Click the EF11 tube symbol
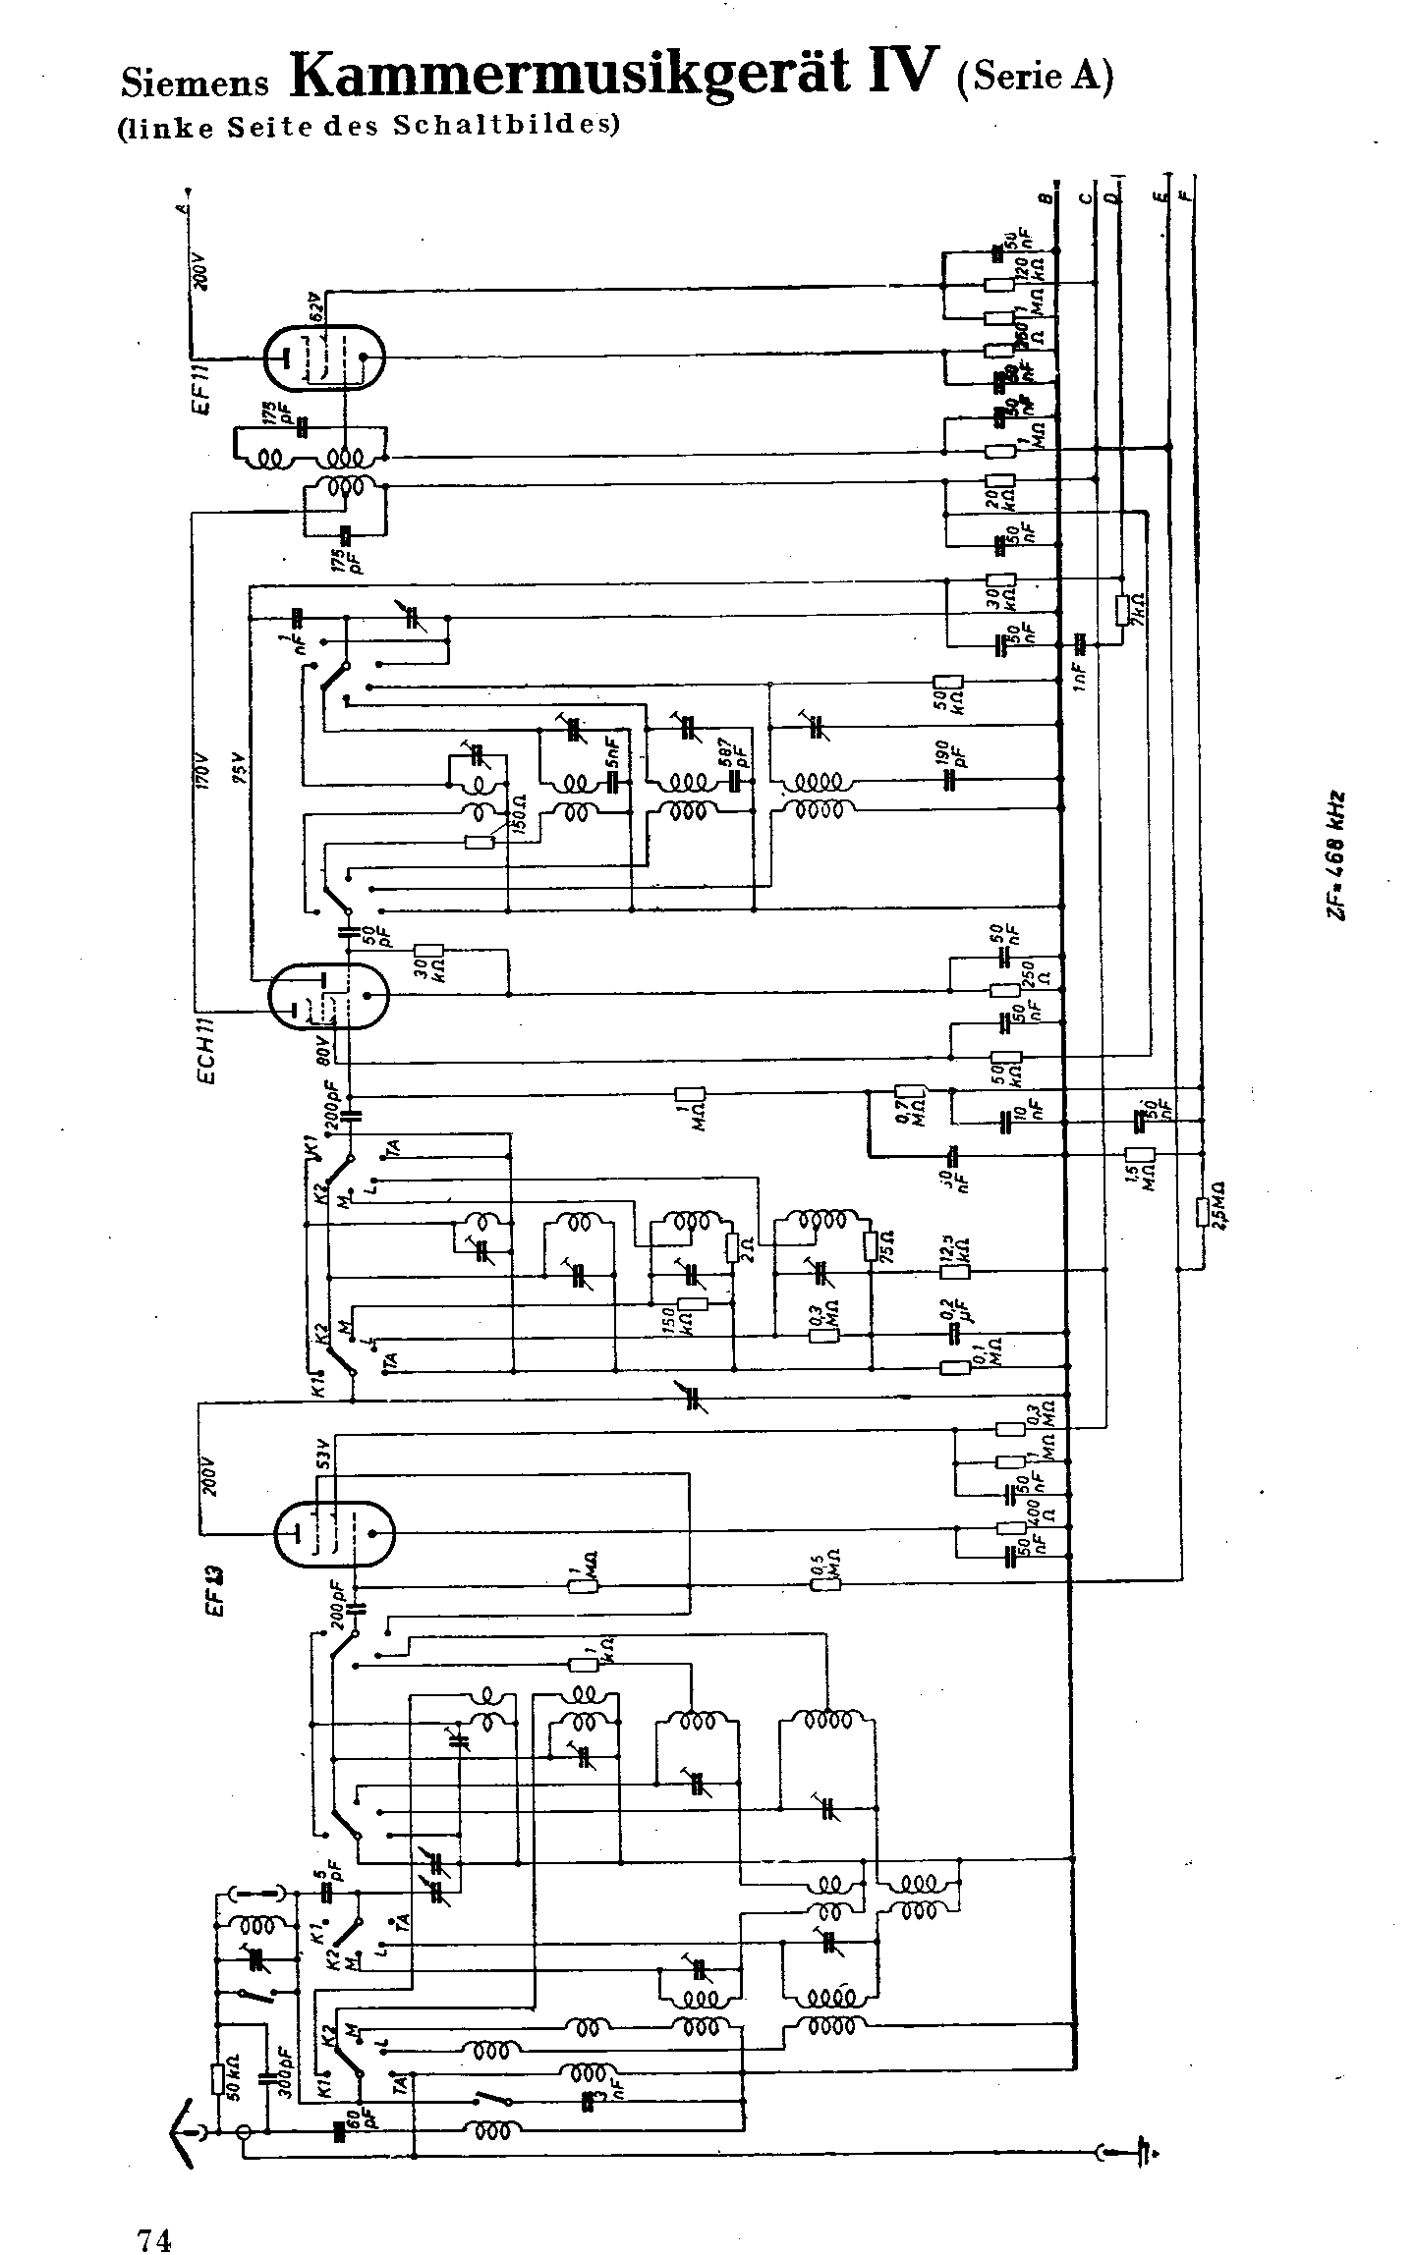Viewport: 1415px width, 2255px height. (324, 357)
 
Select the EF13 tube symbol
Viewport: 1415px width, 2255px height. (334, 1533)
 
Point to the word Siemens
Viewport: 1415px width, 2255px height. (195, 83)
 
